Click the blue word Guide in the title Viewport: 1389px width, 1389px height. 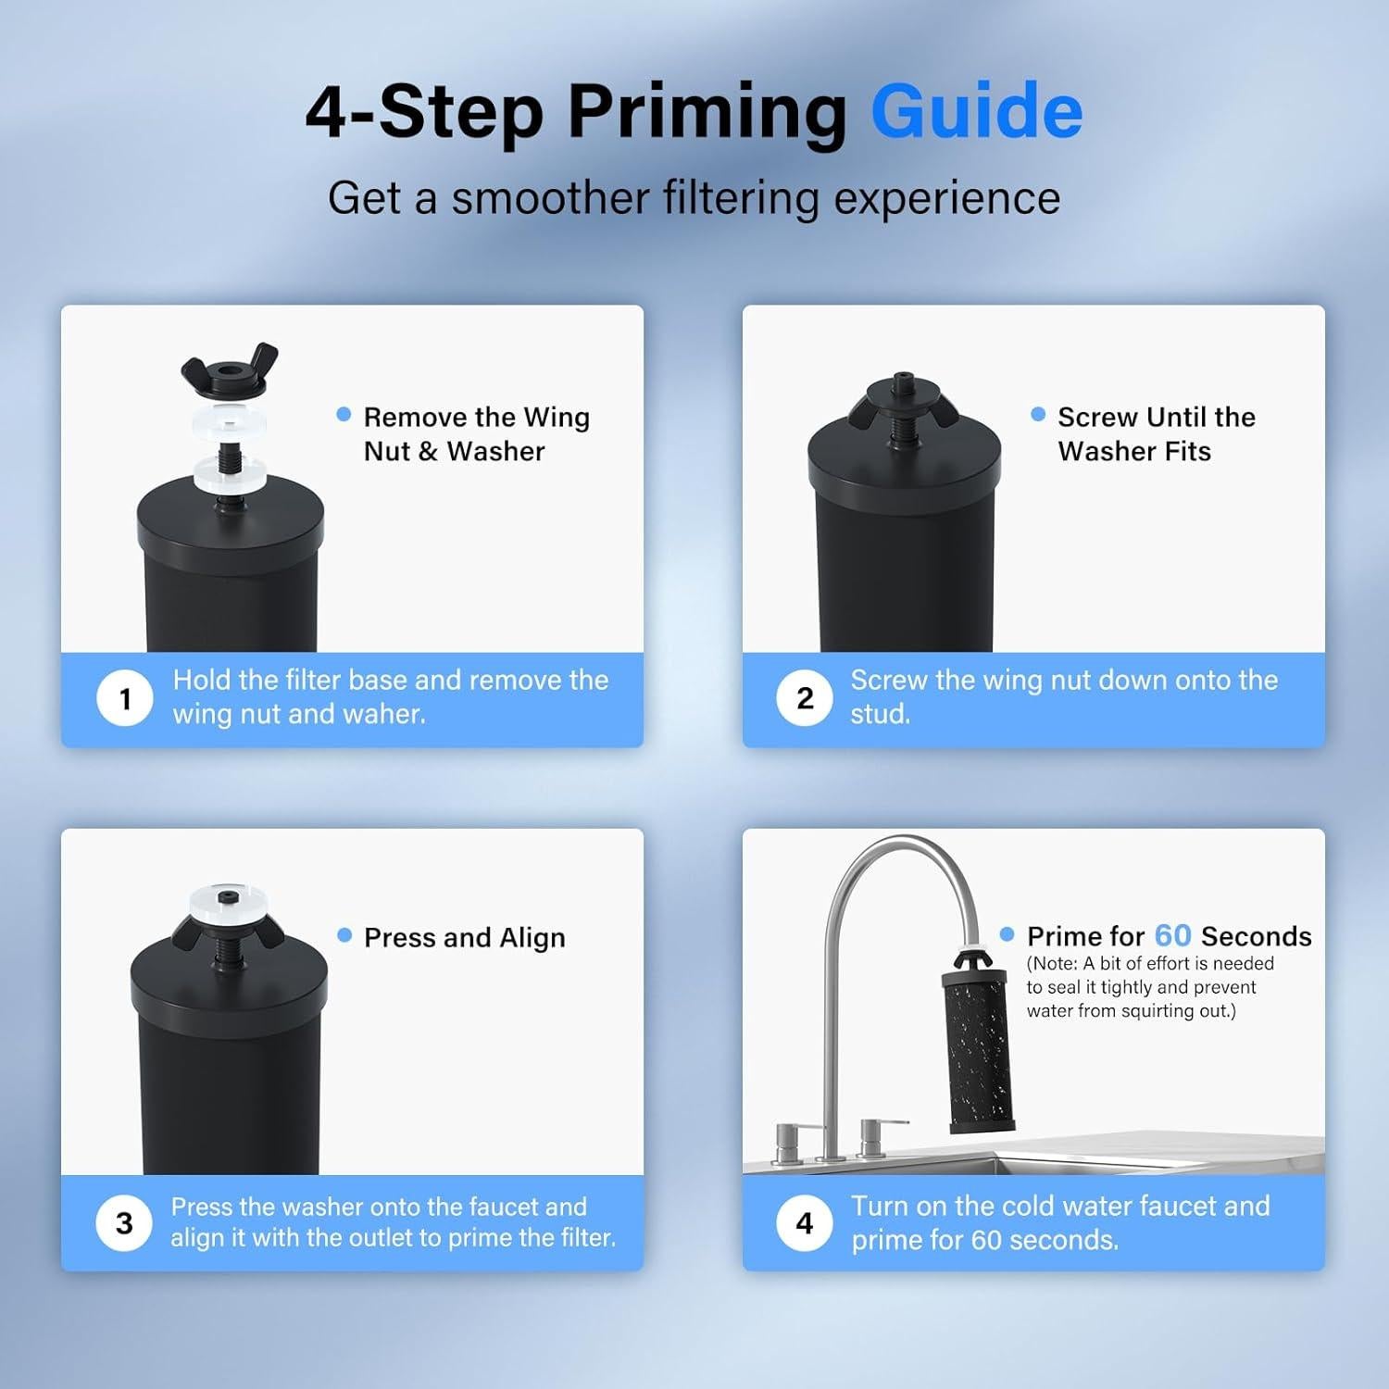point(976,111)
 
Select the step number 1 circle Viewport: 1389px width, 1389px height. point(124,698)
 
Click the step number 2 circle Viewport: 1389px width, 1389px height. point(805,698)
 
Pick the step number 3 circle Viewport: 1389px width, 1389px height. point(124,1223)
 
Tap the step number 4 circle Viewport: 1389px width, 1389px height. point(805,1223)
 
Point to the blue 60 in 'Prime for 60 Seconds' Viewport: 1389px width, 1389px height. point(1172,936)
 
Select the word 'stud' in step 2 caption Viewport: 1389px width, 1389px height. point(878,714)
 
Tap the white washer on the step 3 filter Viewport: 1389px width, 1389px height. point(229,901)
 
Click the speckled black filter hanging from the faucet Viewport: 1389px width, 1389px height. point(979,1051)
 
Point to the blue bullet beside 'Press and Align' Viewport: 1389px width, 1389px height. point(344,935)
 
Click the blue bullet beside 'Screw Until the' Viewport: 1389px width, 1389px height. point(1038,414)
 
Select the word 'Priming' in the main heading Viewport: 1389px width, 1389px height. point(707,111)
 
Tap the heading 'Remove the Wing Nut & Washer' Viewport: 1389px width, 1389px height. point(476,434)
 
